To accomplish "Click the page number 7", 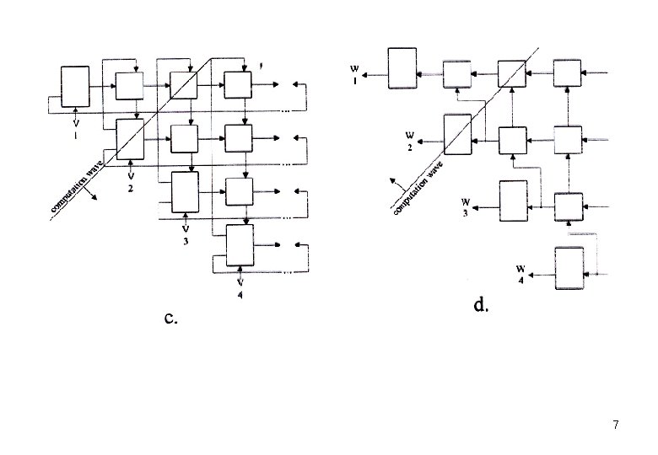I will [616, 425].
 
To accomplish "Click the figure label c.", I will [171, 318].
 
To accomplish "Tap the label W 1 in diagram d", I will [354, 75].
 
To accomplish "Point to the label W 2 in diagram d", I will [409, 140].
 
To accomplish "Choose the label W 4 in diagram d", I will [523, 274].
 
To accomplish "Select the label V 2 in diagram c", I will [131, 182].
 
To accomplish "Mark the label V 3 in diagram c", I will [186, 234].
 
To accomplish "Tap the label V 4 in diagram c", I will [241, 286].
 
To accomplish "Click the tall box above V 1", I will [75, 85].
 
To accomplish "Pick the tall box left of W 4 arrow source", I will [569, 269].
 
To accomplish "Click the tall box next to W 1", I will [402, 67].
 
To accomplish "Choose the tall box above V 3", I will [185, 192].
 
